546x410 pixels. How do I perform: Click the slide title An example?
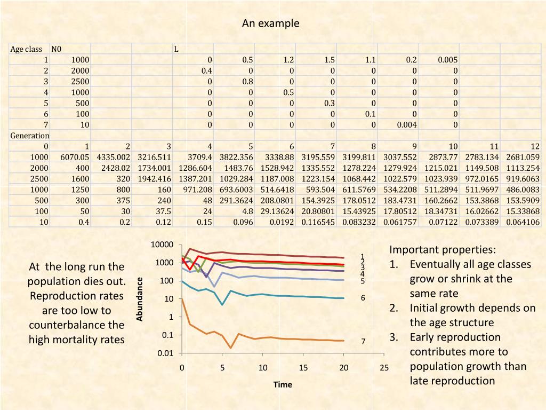tap(270, 23)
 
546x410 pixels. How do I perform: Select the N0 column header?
tap(57, 49)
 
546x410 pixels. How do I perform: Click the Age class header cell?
tap(26, 49)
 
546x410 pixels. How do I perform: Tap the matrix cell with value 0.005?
tap(447, 60)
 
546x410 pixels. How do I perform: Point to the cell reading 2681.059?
tap(522, 157)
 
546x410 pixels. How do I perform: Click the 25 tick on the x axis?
tap(384, 367)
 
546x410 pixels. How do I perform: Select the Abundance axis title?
tap(140, 299)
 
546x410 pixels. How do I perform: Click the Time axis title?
tap(283, 384)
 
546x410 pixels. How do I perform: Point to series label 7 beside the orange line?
tap(363, 341)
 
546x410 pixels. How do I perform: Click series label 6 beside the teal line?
tap(363, 298)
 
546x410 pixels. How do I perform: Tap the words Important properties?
tap(443, 250)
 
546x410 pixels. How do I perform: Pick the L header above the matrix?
tap(176, 49)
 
